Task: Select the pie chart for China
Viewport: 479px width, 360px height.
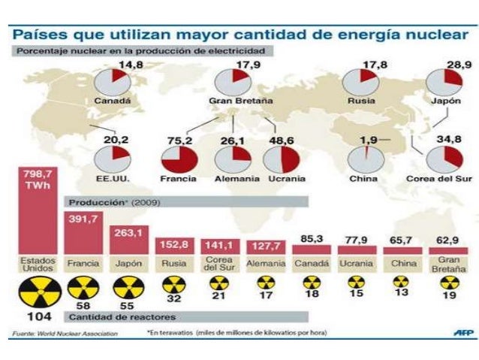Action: coord(366,159)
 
